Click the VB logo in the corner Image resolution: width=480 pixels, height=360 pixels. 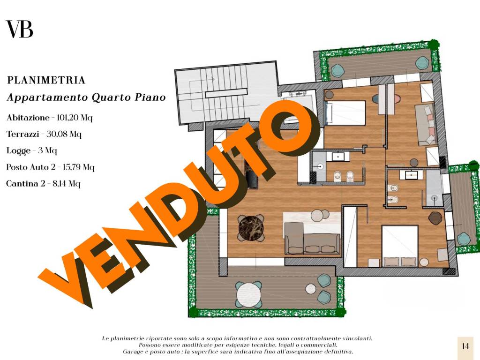(x=19, y=30)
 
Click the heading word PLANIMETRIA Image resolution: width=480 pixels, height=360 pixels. (x=46, y=80)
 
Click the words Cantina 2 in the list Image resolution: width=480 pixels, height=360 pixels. (x=24, y=183)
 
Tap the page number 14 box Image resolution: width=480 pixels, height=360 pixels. (x=465, y=346)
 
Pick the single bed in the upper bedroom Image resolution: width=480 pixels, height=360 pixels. (x=345, y=113)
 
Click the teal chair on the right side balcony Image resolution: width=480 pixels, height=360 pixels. (x=464, y=239)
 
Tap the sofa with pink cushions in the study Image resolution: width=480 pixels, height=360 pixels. (x=426, y=124)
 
